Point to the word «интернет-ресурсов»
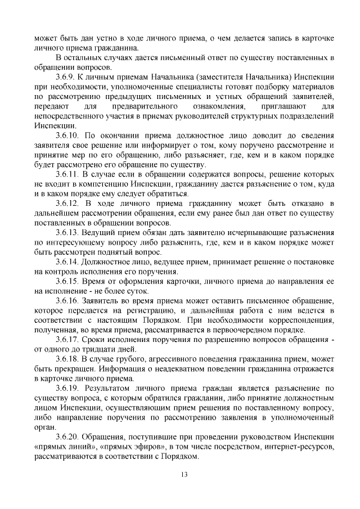click(293, 447)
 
